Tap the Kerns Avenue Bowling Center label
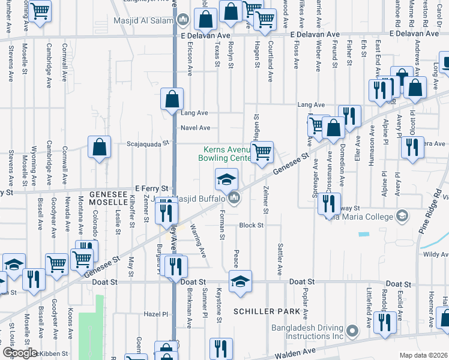(225, 154)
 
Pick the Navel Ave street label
(196, 128)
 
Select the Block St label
(252, 225)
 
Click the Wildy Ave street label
(435, 255)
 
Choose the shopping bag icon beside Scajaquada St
(100, 148)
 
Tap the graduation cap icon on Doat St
(240, 280)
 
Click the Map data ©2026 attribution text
(423, 355)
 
